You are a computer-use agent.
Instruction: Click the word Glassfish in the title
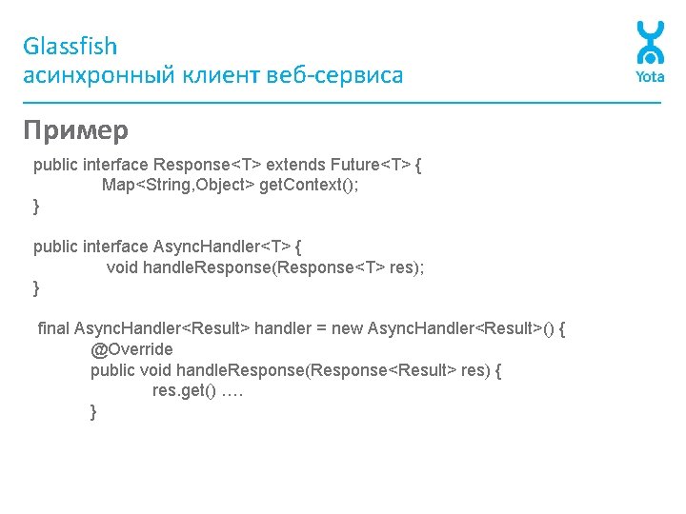click(71, 47)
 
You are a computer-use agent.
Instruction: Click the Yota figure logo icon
click(650, 44)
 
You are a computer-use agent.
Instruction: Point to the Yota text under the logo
click(650, 77)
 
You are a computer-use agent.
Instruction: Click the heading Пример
click(75, 129)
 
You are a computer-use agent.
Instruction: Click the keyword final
click(53, 328)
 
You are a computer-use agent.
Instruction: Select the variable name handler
click(283, 328)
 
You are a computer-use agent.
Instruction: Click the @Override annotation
click(131, 349)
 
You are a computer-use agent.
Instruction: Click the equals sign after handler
click(322, 328)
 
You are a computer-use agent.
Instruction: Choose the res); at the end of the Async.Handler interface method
click(407, 267)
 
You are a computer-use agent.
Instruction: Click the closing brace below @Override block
click(93, 411)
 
